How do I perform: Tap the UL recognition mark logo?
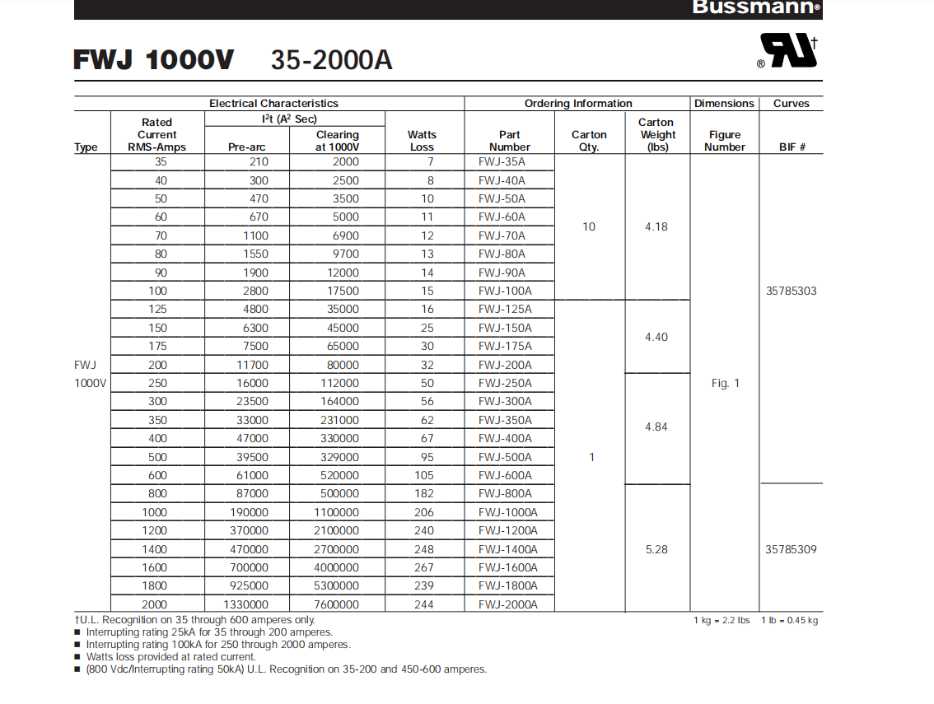(x=787, y=50)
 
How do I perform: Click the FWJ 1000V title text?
(x=154, y=60)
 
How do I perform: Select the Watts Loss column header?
(x=422, y=141)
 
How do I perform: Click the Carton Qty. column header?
(x=589, y=141)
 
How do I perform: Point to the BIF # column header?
(x=792, y=147)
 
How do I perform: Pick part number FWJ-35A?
(x=502, y=162)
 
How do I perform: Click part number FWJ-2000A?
(x=507, y=604)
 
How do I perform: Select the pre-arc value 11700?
(x=248, y=365)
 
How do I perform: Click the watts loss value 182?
(x=423, y=494)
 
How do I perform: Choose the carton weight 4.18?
(x=656, y=226)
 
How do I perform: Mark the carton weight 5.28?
(x=656, y=549)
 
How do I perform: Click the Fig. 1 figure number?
(x=725, y=383)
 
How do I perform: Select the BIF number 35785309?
(x=792, y=549)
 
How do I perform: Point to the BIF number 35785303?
(x=792, y=291)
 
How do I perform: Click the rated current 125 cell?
(x=157, y=310)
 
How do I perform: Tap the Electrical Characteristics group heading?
(x=273, y=104)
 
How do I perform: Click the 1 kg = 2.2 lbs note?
(x=722, y=621)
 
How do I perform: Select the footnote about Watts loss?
(x=170, y=657)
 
